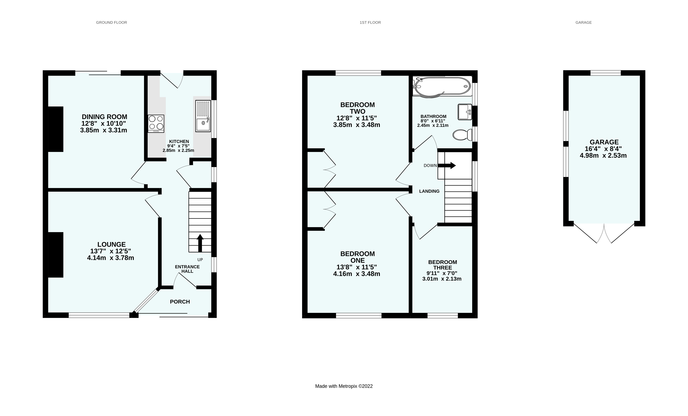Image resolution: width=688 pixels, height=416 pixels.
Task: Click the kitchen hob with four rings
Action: coord(156,123)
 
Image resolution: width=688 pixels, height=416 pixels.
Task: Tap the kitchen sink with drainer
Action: coord(203,116)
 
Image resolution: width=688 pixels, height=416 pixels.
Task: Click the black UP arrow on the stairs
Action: coord(200,243)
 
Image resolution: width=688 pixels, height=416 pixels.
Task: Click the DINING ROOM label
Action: coord(104,117)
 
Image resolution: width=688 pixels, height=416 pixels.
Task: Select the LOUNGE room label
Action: coord(111,244)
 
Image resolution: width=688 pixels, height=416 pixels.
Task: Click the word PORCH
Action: coord(180,302)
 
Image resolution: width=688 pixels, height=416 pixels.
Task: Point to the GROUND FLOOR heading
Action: coord(111,22)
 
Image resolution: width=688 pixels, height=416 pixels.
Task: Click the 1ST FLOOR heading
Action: coord(370,22)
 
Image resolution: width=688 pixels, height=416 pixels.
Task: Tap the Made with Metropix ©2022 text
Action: coord(344,386)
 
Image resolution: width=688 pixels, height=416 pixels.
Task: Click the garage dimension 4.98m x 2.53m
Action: coord(603,156)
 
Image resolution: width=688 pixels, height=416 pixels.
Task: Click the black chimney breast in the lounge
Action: coord(56,255)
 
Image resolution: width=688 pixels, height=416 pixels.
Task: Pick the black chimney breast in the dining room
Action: coord(56,129)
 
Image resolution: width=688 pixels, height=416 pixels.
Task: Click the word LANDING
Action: coord(429,191)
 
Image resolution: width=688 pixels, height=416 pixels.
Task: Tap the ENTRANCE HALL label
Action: coord(187,269)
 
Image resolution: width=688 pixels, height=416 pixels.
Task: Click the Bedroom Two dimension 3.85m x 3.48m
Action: coord(357,125)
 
